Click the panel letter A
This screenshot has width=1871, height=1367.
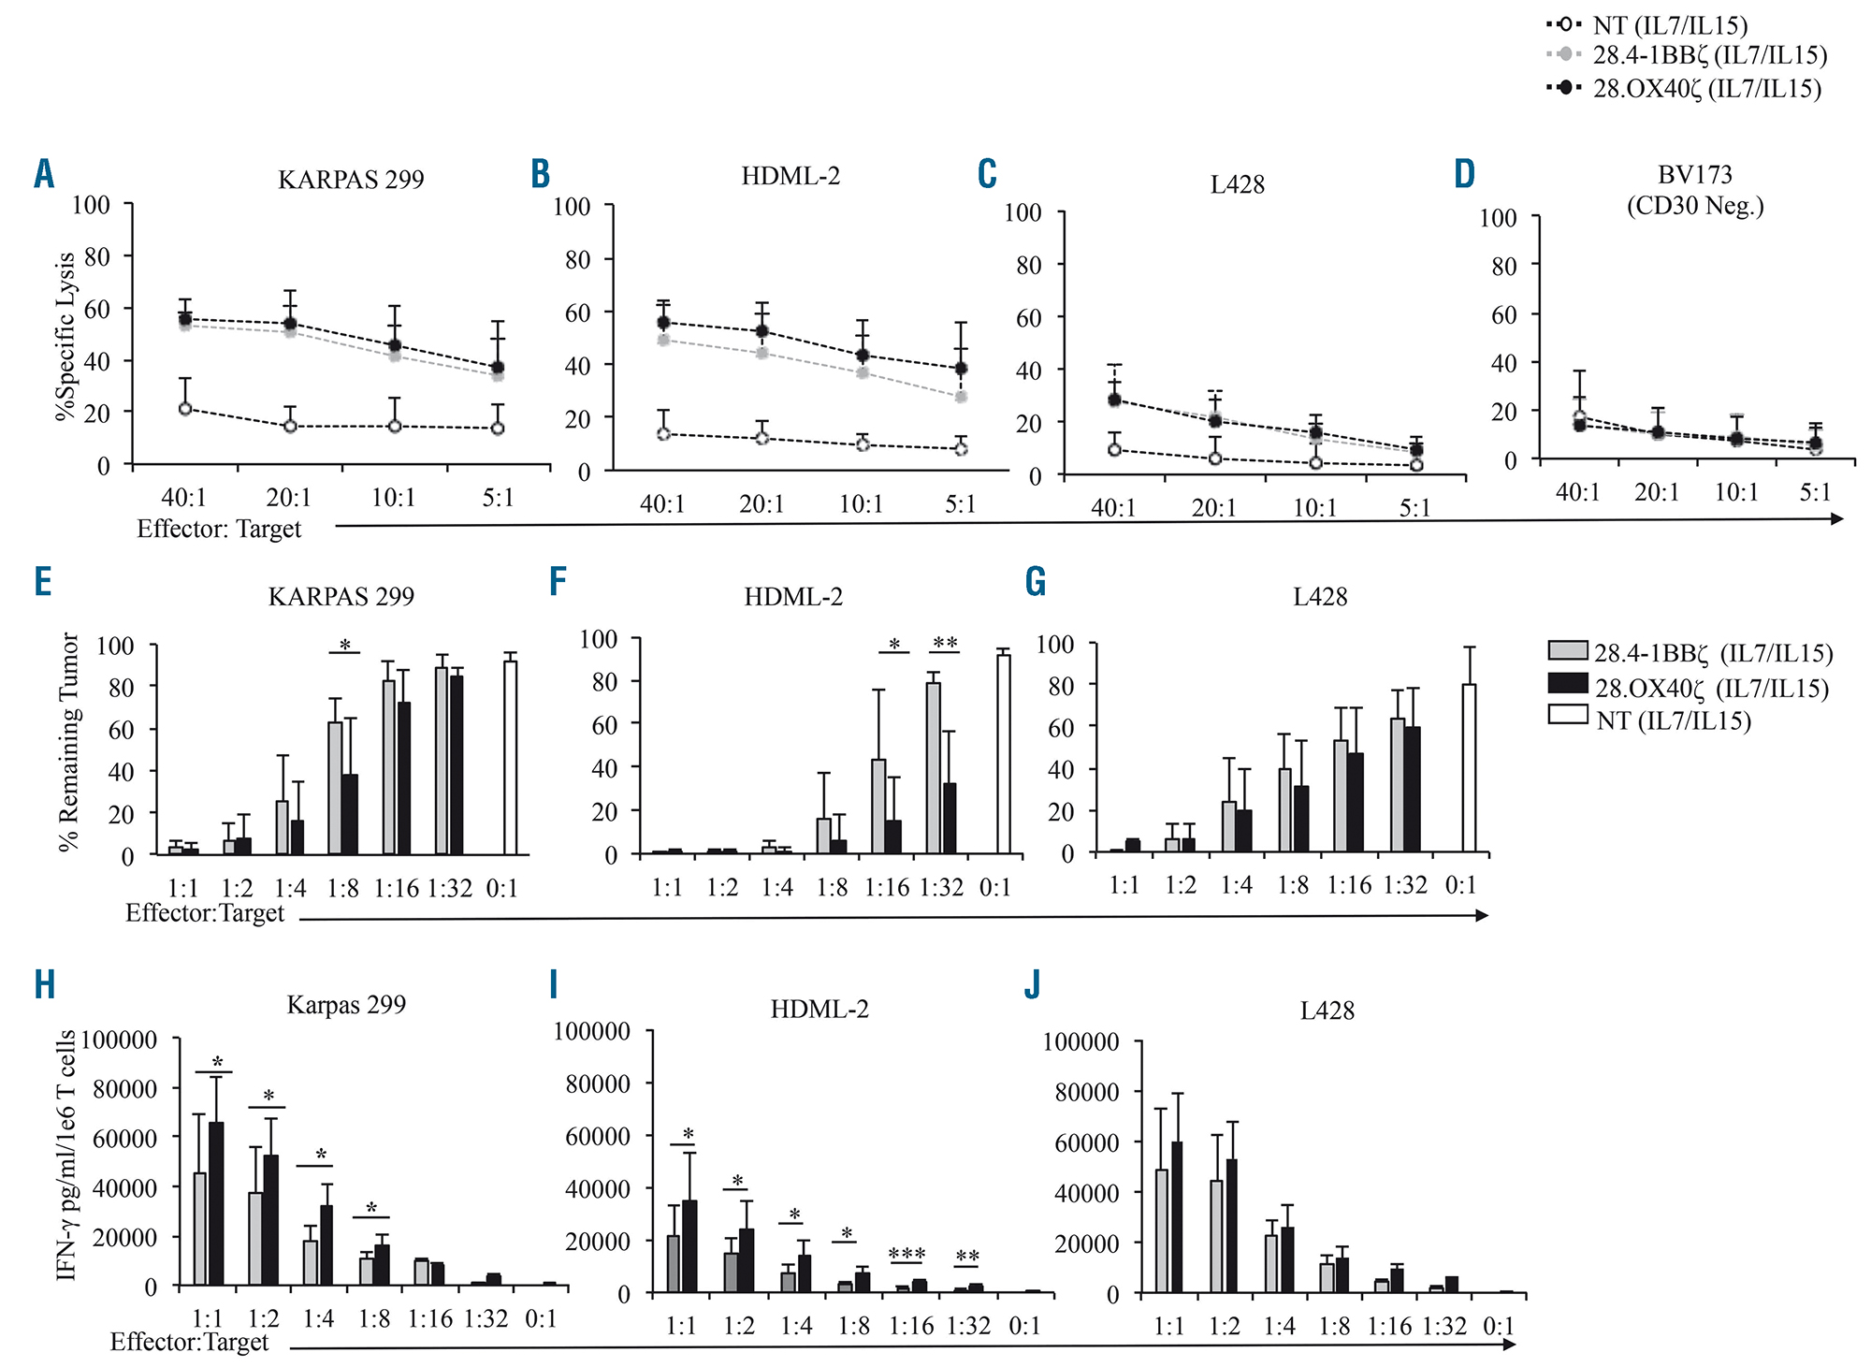click(44, 174)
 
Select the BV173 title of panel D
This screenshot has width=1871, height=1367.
click(1694, 175)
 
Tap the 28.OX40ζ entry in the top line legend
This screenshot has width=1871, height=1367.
click(1706, 89)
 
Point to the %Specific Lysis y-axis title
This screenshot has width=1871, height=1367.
click(65, 336)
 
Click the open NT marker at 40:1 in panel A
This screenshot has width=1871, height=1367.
click(185, 409)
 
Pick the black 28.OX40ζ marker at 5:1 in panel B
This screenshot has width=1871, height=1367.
click(961, 369)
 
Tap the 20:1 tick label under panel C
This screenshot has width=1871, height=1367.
click(1213, 508)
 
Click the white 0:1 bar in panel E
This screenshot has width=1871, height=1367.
click(510, 757)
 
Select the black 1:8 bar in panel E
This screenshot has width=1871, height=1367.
click(350, 814)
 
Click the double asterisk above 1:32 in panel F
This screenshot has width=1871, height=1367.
click(945, 643)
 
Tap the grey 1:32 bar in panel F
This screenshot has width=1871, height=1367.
click(933, 768)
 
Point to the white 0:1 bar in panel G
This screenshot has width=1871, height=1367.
click(1469, 768)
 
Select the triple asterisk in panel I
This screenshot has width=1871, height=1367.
click(906, 1254)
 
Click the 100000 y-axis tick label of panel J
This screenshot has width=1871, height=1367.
click(1081, 1041)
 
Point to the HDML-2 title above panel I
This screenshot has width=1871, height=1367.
click(819, 1009)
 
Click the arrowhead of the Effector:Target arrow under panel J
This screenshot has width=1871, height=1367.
click(1508, 1345)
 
